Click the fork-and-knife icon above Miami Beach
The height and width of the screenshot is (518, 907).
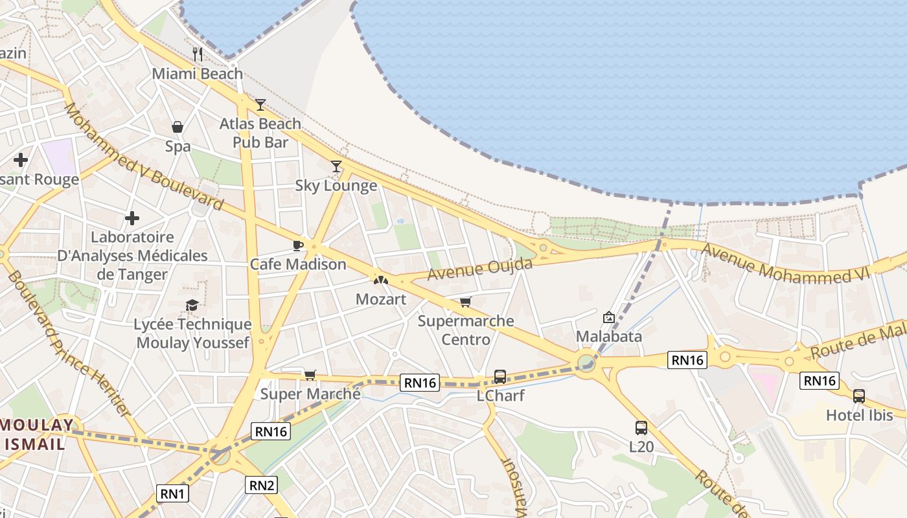tap(198, 54)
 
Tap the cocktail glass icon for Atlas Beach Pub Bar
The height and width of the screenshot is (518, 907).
tap(260, 104)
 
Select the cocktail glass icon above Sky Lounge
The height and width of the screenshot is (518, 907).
tap(336, 166)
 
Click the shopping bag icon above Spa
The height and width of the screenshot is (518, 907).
tap(178, 127)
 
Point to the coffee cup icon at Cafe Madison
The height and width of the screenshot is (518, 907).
tap(297, 245)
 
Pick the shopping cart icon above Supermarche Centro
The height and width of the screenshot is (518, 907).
tap(465, 302)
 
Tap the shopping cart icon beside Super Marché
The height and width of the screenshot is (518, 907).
tap(310, 375)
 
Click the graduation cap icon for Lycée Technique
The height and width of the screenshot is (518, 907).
tap(192, 305)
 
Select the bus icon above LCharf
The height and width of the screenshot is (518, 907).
tap(500, 376)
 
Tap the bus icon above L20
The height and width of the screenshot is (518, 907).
tap(641, 427)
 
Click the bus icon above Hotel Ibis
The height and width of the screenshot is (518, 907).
tap(859, 396)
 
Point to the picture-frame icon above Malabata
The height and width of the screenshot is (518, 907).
tap(608, 317)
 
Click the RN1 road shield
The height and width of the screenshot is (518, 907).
tap(173, 494)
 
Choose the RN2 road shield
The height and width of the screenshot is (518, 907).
tap(262, 484)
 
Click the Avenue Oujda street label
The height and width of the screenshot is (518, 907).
tap(480, 269)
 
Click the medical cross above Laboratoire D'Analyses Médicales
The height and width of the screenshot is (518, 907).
tap(132, 218)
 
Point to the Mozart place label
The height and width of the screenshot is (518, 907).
tap(381, 299)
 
